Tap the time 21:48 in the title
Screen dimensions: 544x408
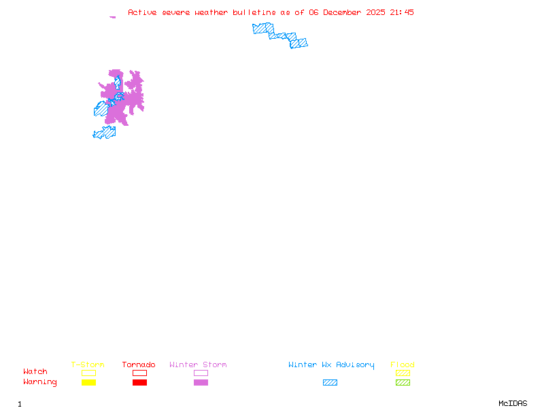pos(401,12)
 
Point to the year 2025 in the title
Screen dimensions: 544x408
pos(375,12)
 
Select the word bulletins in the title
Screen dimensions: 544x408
pos(253,12)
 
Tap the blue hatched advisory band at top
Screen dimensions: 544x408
pos(279,34)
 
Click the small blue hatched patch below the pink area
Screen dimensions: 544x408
pos(105,132)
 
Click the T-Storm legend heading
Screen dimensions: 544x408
pos(88,365)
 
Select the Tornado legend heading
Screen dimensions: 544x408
pos(139,365)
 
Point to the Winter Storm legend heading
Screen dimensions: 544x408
pos(198,365)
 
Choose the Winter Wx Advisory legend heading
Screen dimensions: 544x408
pos(331,365)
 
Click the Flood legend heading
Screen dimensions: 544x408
pos(403,365)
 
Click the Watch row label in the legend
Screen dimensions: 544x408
pos(35,372)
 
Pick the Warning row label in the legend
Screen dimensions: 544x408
pos(40,382)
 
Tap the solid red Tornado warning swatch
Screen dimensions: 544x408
pos(139,383)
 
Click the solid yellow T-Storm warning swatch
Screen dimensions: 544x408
pos(88,383)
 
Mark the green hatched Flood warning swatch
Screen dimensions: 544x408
pos(403,383)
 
